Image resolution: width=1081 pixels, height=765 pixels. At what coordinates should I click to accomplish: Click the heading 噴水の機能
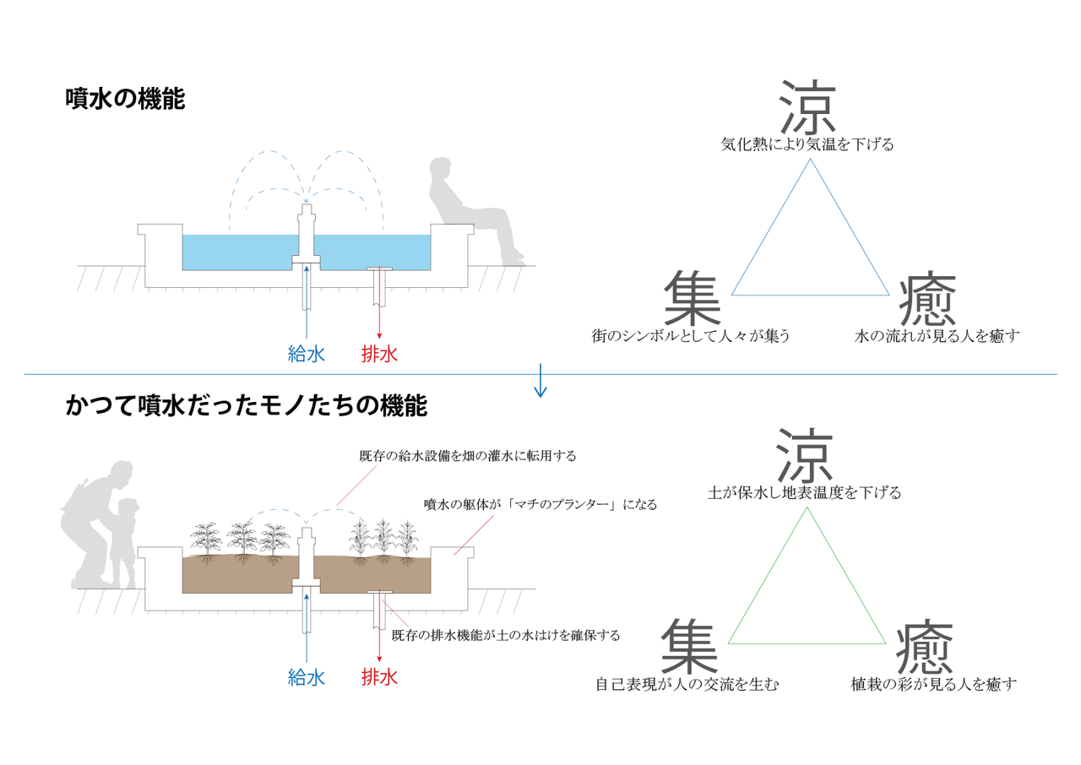(126, 100)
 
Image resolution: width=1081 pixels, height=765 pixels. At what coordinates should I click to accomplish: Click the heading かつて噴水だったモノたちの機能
(247, 405)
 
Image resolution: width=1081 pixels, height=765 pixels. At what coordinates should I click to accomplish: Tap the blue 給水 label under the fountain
(307, 355)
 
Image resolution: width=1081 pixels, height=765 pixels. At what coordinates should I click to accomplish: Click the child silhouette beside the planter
(124, 543)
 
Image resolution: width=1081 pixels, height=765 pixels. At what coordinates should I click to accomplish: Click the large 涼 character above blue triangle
(807, 107)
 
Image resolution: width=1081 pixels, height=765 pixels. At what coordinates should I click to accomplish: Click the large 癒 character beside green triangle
(925, 648)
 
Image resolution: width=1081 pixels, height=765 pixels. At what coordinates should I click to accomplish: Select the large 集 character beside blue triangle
(693, 297)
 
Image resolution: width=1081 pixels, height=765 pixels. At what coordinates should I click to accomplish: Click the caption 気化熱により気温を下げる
(807, 144)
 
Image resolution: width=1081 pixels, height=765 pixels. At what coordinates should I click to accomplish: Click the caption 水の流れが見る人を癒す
(937, 336)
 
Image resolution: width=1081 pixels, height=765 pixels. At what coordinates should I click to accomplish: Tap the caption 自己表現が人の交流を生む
(687, 684)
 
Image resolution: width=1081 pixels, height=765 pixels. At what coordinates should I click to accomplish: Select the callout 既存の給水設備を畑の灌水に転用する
(468, 456)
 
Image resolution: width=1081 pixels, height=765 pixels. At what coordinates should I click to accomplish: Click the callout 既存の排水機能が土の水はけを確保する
(506, 635)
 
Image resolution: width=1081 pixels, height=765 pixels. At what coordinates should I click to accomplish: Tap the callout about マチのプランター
(540, 505)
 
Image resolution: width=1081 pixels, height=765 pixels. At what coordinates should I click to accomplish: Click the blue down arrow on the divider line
(540, 380)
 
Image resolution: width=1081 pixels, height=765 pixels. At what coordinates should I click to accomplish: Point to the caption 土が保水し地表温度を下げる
(805, 492)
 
